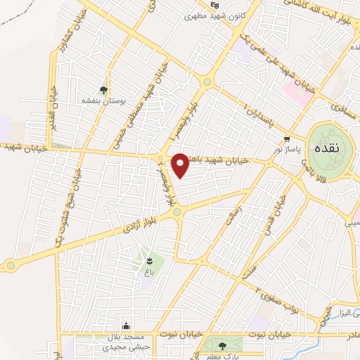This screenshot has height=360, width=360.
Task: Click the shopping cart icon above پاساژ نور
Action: pyautogui.click(x=286, y=139)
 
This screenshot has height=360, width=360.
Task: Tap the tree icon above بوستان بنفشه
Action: pyautogui.click(x=104, y=89)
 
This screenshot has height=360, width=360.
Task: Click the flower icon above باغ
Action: pyautogui.click(x=148, y=261)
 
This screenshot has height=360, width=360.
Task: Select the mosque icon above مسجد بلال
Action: pyautogui.click(x=125, y=326)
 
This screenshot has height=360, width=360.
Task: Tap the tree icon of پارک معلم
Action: pyautogui.click(x=223, y=345)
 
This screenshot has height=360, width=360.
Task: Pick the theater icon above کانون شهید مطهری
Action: pyautogui.click(x=214, y=5)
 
